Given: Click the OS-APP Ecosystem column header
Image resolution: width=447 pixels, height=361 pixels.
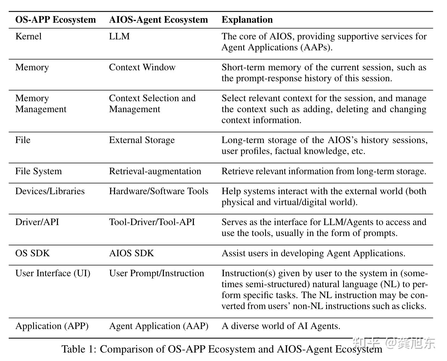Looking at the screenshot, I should click(56, 20).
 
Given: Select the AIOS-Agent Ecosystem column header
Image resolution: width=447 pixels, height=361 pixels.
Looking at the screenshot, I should click(158, 20).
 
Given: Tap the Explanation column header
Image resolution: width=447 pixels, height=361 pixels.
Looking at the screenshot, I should click(247, 20).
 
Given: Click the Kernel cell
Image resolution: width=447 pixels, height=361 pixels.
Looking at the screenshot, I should click(28, 36).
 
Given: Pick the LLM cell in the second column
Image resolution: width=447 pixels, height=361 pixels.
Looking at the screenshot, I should click(119, 36).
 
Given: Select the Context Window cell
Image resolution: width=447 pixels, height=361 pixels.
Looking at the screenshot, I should click(142, 67).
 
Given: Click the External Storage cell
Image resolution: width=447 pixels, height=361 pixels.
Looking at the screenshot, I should click(142, 140).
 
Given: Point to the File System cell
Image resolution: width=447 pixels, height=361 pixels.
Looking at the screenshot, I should click(39, 171).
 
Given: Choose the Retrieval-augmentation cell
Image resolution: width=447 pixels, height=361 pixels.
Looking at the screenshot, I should click(155, 171).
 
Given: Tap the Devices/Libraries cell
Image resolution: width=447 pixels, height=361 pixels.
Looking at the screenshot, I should click(50, 191).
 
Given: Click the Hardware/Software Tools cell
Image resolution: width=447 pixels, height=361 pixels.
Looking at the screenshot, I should click(159, 191).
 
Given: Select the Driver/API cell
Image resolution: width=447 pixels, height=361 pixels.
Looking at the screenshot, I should click(37, 222).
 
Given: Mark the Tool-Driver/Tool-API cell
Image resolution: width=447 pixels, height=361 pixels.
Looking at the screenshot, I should click(152, 222).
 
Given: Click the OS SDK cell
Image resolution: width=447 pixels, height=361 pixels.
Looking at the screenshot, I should click(33, 253).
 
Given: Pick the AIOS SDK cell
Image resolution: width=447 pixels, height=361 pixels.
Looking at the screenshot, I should click(131, 253).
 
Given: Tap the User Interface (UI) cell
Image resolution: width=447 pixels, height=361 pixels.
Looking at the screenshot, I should click(53, 273).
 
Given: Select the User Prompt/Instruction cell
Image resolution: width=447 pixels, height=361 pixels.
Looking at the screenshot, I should click(157, 273).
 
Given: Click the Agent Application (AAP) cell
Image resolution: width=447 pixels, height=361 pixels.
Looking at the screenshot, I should click(159, 326).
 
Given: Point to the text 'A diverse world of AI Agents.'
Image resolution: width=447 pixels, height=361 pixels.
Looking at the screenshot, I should click(281, 326).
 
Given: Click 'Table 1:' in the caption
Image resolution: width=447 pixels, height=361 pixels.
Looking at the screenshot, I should click(78, 349).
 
